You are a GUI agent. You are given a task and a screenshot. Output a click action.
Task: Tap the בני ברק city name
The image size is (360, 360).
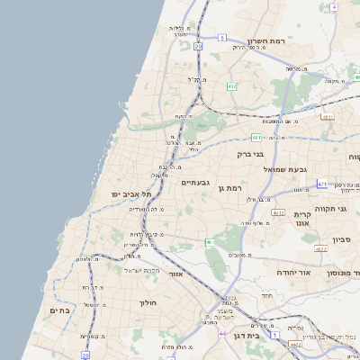[250, 154]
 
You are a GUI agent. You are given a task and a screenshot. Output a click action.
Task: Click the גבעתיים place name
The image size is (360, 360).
[194, 183]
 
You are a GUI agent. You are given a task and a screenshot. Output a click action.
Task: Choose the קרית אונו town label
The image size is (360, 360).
[301, 220]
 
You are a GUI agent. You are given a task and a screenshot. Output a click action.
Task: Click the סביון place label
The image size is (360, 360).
[342, 239]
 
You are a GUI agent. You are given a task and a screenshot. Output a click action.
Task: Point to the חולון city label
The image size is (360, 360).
[148, 302]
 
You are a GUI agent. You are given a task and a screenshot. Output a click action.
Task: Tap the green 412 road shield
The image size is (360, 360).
[232, 86]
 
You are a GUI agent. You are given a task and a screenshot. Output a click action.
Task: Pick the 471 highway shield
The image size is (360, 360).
[322, 184]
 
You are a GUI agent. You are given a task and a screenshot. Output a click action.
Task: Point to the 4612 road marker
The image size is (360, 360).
[278, 212]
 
